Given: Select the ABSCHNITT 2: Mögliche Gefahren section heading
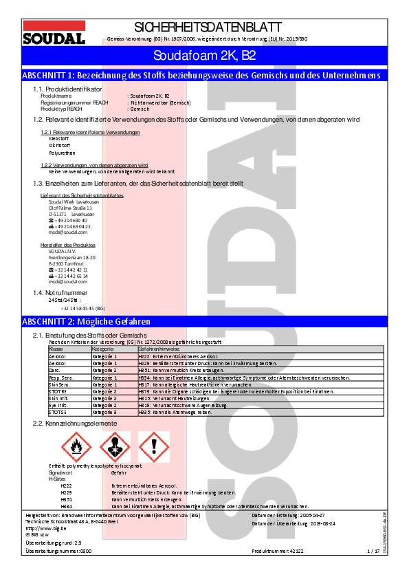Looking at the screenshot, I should (x=87, y=321).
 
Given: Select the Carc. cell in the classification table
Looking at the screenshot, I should (x=55, y=370).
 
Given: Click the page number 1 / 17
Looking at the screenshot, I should (x=373, y=551).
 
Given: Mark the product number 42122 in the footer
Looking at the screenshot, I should (x=297, y=551).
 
